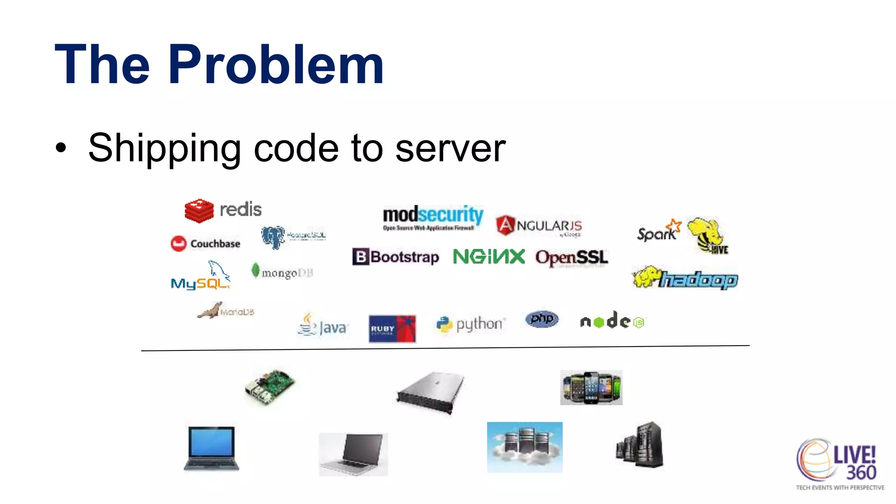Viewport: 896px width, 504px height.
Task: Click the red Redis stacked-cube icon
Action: pyautogui.click(x=199, y=210)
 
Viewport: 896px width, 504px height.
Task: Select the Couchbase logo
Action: pyautogui.click(x=206, y=243)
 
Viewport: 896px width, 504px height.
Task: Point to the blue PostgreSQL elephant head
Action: pyautogui.click(x=273, y=237)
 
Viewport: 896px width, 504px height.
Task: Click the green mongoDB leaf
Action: pyautogui.click(x=255, y=270)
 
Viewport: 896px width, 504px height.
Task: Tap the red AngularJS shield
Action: pyautogui.click(x=505, y=225)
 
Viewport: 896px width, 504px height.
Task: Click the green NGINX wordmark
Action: pyautogui.click(x=489, y=256)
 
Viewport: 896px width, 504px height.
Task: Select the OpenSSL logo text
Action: pyautogui.click(x=571, y=258)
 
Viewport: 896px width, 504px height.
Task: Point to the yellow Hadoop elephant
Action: pyautogui.click(x=647, y=276)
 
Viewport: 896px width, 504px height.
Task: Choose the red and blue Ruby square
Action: pyautogui.click(x=392, y=328)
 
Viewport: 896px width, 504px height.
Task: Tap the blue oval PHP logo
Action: pyautogui.click(x=542, y=319)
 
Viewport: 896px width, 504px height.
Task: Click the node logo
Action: pyautogui.click(x=612, y=321)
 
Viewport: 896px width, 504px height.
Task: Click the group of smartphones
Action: pyautogui.click(x=591, y=388)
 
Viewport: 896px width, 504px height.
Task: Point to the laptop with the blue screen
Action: pyautogui.click(x=211, y=448)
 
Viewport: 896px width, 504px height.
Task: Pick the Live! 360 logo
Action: pyautogui.click(x=840, y=464)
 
